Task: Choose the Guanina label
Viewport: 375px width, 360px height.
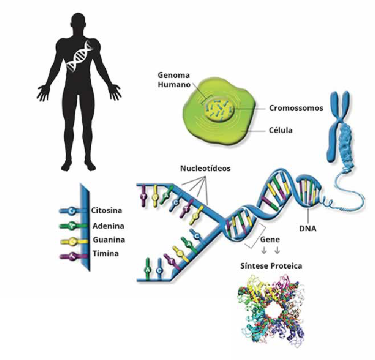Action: click(108, 240)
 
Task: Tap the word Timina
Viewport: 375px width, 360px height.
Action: click(105, 254)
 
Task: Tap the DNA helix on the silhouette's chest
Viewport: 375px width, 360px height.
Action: click(83, 56)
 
